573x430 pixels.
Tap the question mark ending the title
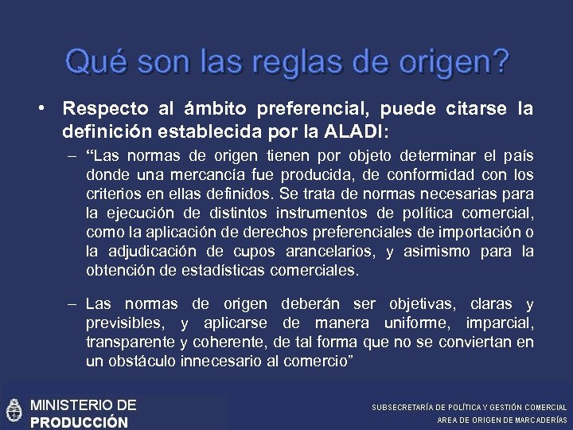pyautogui.click(x=500, y=61)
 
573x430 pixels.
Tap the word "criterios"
pyautogui.click(x=111, y=194)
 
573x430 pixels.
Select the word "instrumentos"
pyautogui.click(x=325, y=213)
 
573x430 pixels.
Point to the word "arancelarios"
pyautogui.click(x=329, y=252)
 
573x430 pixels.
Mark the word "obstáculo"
pyautogui.click(x=141, y=362)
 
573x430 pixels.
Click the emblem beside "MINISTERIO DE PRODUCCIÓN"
pyautogui.click(x=13, y=412)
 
